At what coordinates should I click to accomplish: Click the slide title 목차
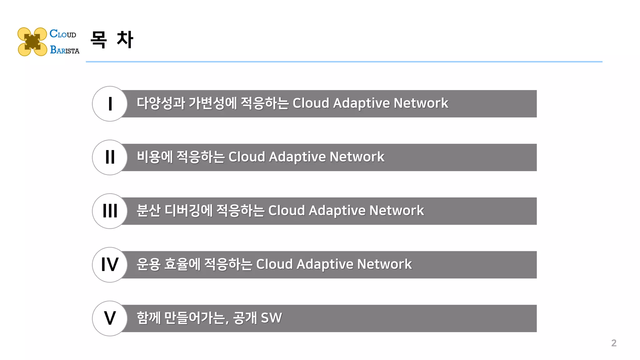pos(112,40)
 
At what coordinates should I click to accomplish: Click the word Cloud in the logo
pos(63,34)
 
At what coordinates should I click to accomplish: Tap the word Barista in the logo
pos(65,50)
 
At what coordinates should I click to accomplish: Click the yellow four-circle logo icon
pos(32,42)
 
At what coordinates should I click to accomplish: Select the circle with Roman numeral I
pos(110,104)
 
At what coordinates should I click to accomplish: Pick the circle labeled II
pos(110,157)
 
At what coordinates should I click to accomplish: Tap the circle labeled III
pos(110,211)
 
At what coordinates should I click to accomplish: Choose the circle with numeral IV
pos(110,265)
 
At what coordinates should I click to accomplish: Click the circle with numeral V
pos(110,318)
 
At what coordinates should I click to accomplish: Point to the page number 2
pos(614,343)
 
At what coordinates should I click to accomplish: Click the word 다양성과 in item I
pos(161,103)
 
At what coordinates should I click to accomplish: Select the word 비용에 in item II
pos(155,157)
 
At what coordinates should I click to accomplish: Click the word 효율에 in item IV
pos(182,264)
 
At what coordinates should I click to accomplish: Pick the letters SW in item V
pos(271,318)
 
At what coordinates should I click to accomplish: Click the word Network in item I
pos(421,103)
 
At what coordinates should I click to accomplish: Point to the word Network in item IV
pos(384,264)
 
